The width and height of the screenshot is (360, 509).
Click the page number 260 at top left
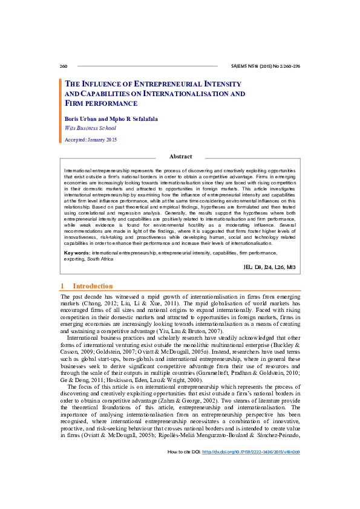64,65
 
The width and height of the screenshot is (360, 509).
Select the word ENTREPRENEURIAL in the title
168,84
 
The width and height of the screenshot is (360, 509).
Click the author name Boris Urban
79,119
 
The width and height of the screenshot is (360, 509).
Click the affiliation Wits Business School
90,128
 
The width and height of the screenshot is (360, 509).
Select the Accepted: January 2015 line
91,140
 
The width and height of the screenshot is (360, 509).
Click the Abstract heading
180,157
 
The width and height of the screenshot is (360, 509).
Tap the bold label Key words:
77,251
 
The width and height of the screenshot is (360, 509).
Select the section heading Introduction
93,286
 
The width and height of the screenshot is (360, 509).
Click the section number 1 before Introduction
62,286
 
